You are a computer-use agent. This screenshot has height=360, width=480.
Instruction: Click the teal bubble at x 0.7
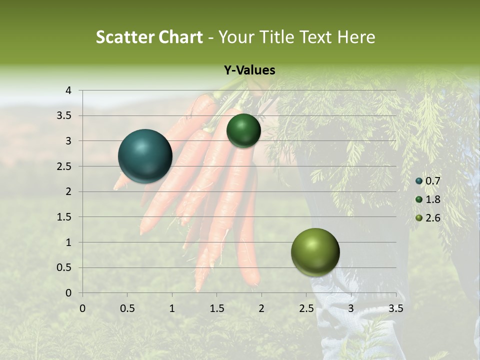click(x=145, y=156)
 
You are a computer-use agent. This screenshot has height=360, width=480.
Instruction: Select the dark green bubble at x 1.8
click(x=243, y=130)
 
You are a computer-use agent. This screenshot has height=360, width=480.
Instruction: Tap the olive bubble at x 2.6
click(x=315, y=252)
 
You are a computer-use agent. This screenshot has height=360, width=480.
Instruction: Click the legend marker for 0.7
click(x=419, y=181)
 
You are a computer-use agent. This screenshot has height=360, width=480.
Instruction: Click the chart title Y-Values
click(x=249, y=70)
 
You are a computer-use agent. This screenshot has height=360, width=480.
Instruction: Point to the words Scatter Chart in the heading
click(x=149, y=37)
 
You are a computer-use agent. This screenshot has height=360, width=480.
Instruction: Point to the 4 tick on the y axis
click(x=68, y=90)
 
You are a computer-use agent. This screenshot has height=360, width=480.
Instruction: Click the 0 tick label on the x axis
click(x=82, y=308)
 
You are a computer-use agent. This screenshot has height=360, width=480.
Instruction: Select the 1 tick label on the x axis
click(x=172, y=308)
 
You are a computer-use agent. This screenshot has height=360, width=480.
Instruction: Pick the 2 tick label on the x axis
click(x=261, y=308)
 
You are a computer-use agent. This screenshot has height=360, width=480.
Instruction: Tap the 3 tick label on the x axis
click(x=351, y=308)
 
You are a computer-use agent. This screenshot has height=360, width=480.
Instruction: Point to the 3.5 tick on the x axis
click(x=395, y=308)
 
